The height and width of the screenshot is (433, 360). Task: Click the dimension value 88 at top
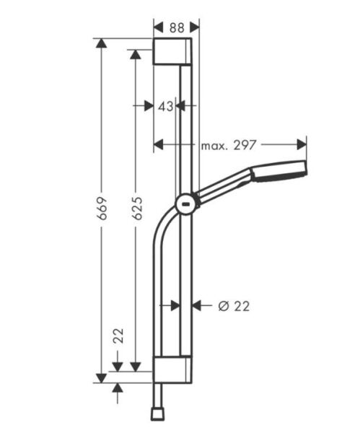(x=175, y=27)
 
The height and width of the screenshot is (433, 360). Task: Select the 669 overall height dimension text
(x=102, y=207)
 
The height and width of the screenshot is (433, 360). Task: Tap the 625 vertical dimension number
(x=137, y=207)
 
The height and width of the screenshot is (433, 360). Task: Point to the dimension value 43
(x=165, y=105)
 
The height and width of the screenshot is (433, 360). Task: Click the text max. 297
(x=229, y=145)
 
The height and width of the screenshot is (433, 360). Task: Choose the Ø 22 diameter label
(x=233, y=306)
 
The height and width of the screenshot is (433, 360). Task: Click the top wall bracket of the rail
(x=172, y=52)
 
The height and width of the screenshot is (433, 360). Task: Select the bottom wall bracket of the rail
(x=172, y=369)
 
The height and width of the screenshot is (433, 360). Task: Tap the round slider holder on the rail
(x=186, y=204)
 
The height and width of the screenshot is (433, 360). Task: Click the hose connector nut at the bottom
(x=157, y=414)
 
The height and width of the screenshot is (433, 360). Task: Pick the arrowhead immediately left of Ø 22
(x=198, y=306)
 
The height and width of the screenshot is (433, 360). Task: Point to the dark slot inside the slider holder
(x=187, y=204)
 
